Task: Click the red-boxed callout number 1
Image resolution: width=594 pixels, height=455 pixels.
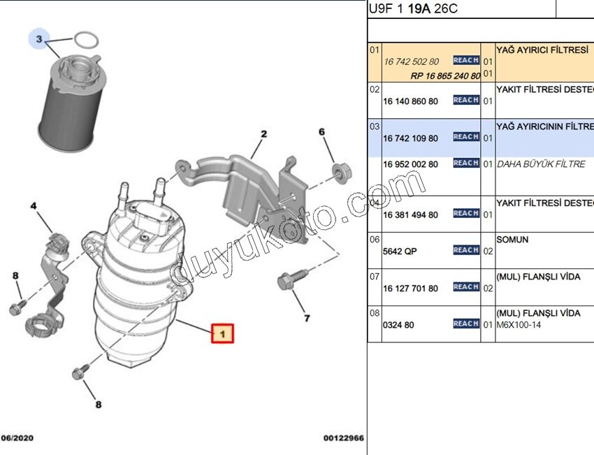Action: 222,334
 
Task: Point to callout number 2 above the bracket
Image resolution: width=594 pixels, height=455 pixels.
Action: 264,133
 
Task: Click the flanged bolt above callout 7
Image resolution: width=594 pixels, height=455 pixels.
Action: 287,281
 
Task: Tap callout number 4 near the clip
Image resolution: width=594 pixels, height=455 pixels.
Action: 33,206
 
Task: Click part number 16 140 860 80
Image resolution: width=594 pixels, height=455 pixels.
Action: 410,101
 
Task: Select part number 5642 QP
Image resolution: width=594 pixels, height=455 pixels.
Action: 400,251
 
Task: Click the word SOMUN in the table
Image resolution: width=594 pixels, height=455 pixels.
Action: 512,240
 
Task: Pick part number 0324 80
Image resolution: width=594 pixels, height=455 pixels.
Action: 399,325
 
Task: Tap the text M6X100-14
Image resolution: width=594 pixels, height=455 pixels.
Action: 519,325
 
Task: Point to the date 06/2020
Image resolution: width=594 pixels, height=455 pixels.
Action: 16,438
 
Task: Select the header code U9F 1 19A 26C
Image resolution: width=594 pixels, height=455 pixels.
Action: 414,8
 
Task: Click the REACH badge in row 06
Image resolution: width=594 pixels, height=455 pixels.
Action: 465,250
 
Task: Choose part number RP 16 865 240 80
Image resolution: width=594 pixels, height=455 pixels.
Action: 445,75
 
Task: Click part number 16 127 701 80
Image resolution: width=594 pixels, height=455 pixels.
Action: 410,288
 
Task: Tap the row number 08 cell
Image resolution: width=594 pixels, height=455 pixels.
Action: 375,314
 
